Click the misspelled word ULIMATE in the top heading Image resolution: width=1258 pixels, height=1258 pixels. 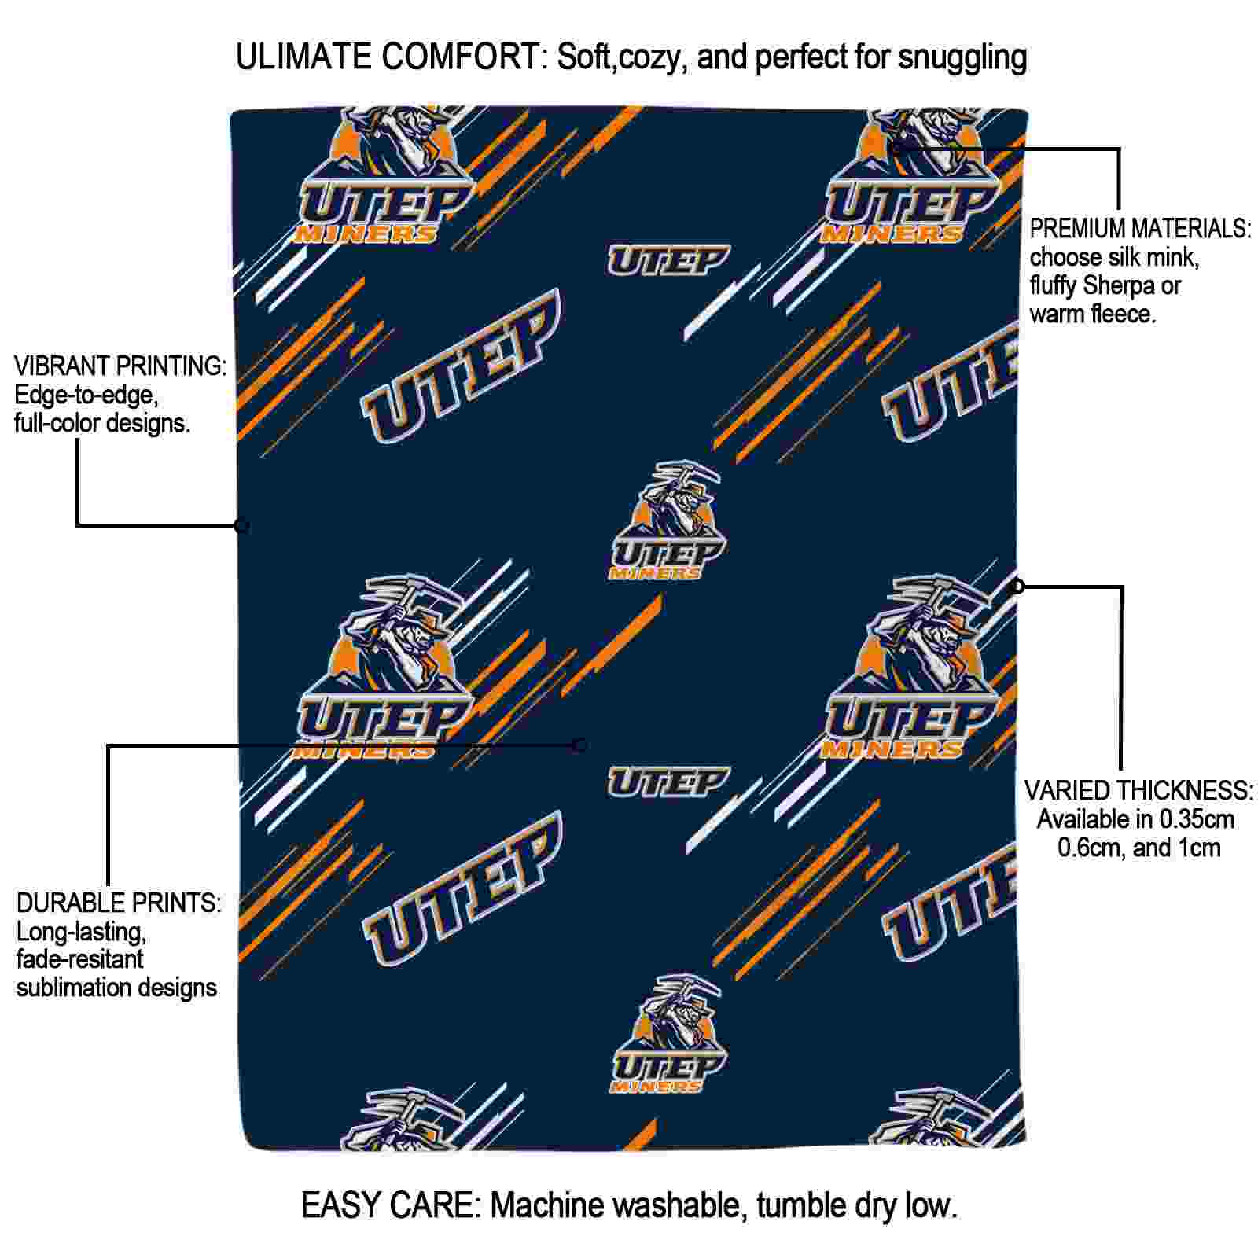pos(303,57)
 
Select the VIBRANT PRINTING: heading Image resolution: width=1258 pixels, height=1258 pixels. pos(120,366)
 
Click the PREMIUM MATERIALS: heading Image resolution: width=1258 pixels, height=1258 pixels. pos(1139,229)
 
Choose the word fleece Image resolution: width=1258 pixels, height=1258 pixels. pos(1120,314)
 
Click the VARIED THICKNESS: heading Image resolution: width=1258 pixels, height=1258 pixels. pos(1138,791)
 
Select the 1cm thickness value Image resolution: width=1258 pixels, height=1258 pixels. pos(1198,848)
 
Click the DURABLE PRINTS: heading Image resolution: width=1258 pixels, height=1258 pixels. pos(119,903)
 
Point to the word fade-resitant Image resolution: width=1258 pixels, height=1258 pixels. pos(80,959)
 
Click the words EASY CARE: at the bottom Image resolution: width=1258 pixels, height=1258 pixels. pos(391,1205)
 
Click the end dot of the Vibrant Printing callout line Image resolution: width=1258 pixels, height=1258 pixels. pos(241,525)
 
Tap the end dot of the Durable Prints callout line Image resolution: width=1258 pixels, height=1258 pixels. pos(579,745)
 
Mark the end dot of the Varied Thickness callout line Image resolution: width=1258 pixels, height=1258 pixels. pos(1017,586)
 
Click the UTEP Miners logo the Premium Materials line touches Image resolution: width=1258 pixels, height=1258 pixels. pos(912,181)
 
